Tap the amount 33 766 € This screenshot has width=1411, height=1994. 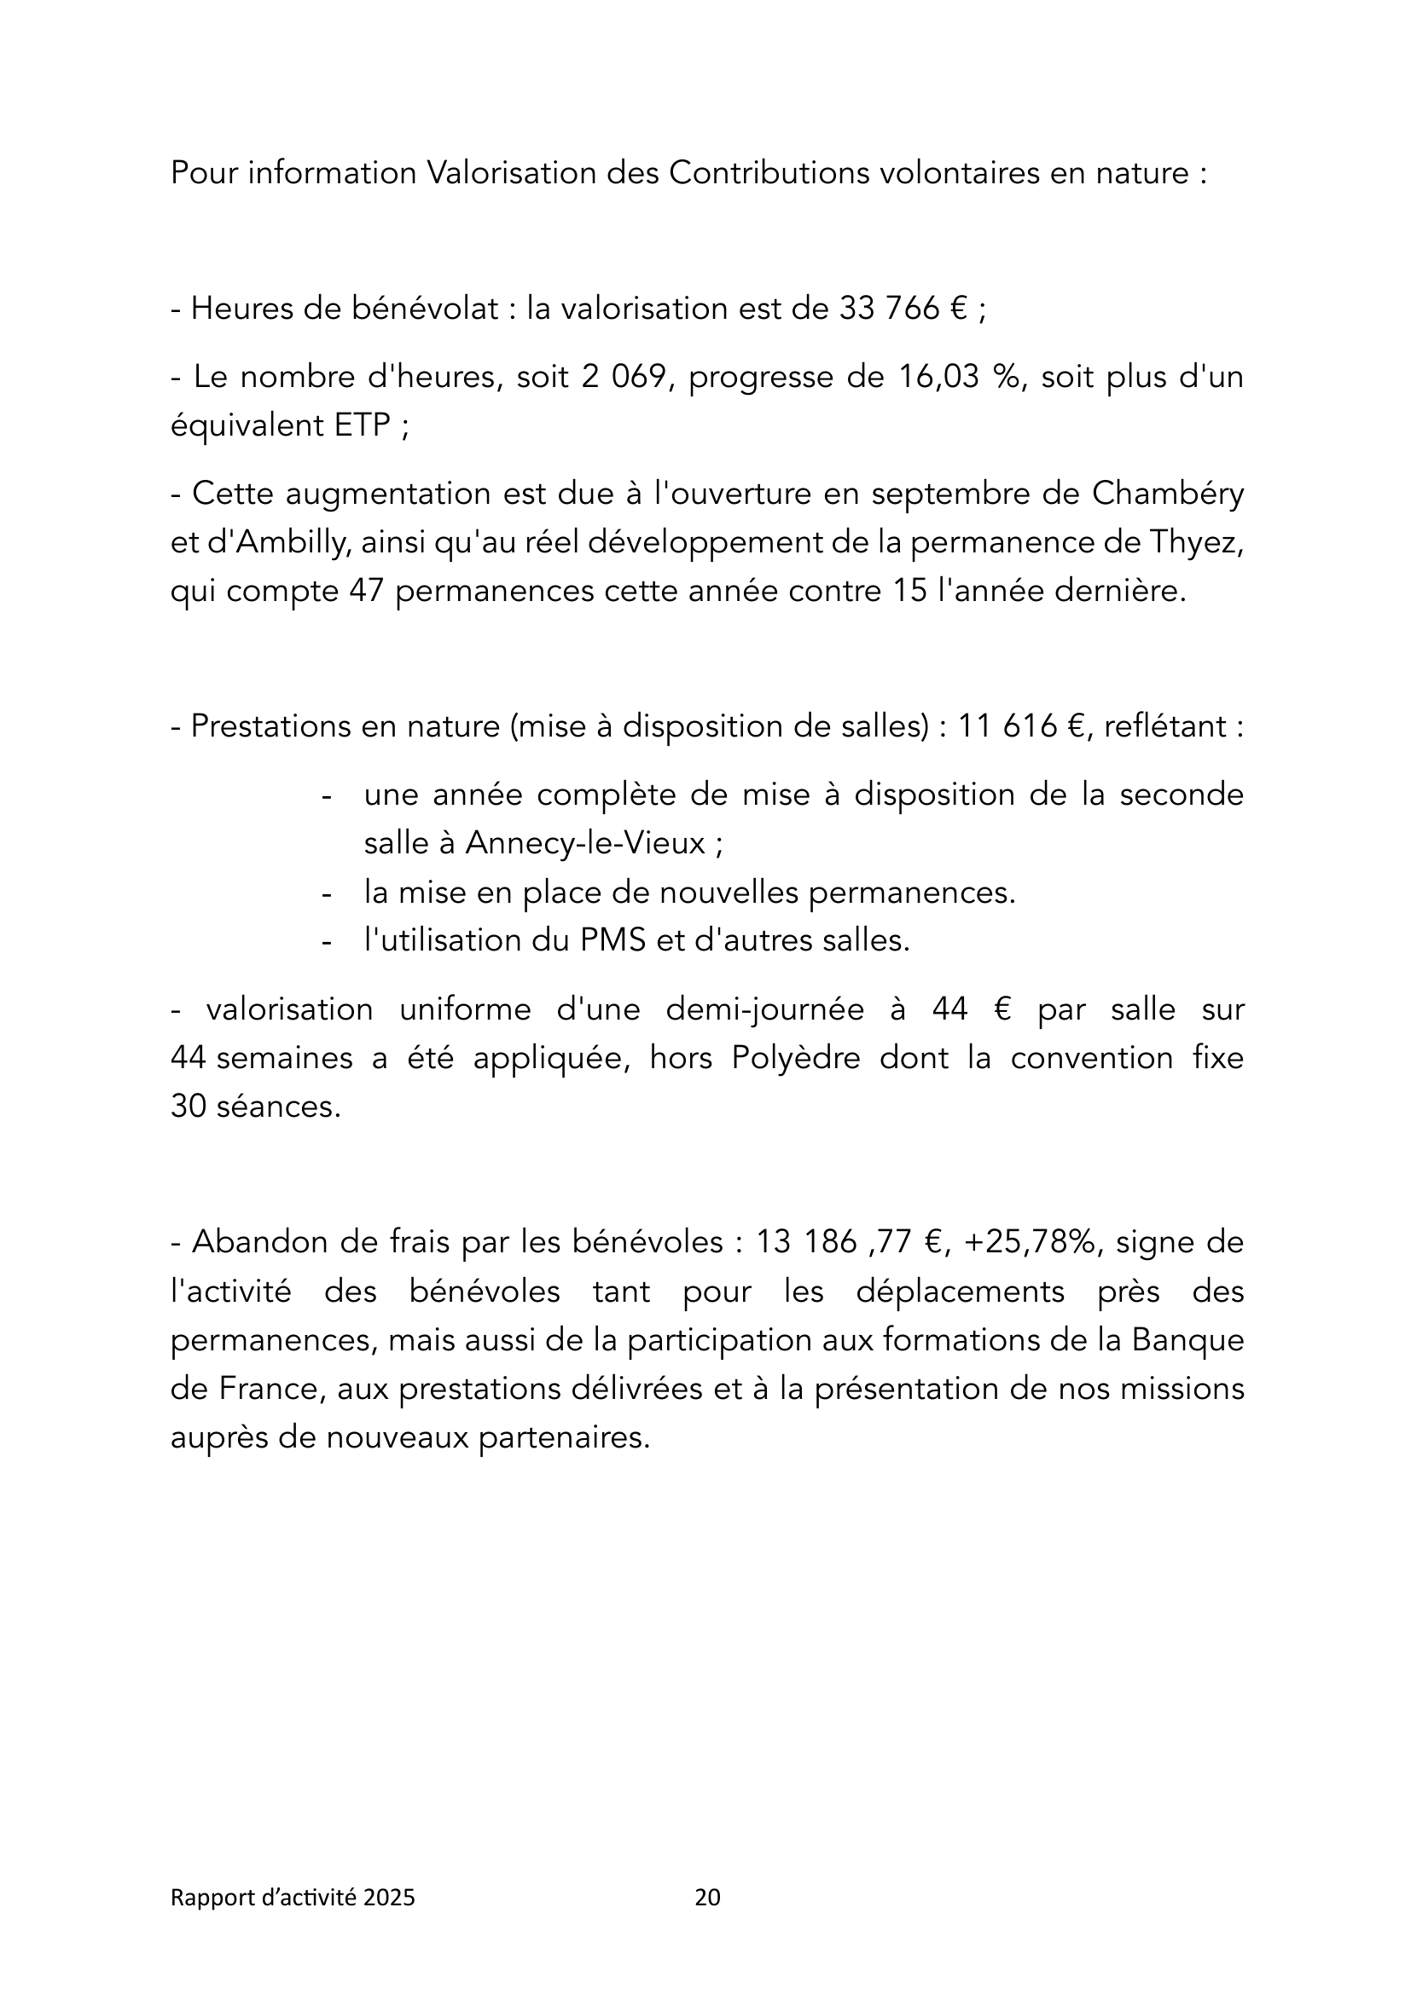pyautogui.click(x=903, y=309)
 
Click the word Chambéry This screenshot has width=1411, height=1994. pyautogui.click(x=1168, y=494)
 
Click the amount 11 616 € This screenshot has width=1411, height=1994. pyautogui.click(x=1023, y=726)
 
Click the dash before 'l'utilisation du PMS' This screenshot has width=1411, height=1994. pyautogui.click(x=328, y=941)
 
